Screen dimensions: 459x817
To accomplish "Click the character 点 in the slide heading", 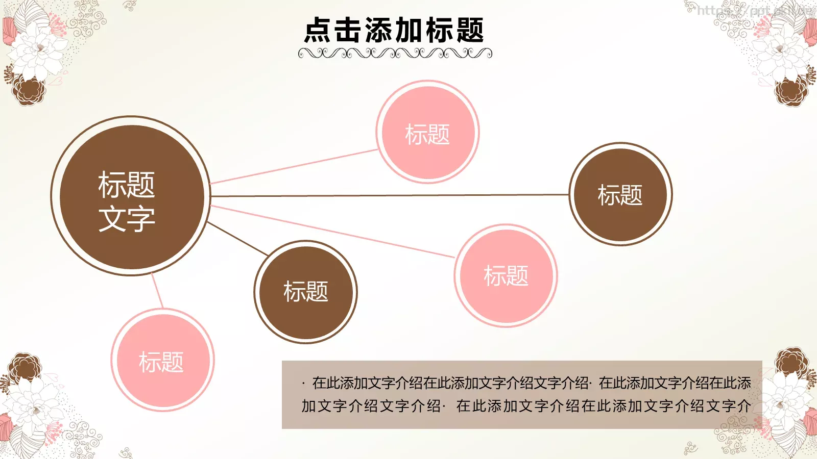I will point(318,31).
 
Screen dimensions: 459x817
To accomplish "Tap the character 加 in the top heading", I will point(408,31).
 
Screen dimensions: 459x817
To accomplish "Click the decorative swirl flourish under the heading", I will point(395,53).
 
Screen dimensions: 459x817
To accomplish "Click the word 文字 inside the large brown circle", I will point(127,218).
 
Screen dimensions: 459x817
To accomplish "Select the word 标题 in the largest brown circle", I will point(127,185).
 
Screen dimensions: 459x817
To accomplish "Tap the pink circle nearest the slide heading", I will point(427,132).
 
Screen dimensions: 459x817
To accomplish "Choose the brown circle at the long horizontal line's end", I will point(620,194).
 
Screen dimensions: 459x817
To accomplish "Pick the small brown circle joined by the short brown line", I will point(305,292).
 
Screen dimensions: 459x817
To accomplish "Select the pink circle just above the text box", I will point(506,275).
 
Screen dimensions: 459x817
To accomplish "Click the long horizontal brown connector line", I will point(388,195).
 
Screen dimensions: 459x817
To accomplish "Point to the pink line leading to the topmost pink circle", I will point(294,167).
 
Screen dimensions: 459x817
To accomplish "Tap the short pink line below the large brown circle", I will point(157,291).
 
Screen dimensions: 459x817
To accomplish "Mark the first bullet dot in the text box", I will point(303,383).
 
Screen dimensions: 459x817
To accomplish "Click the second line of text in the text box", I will point(526,406).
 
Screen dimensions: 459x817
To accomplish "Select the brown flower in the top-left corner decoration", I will point(28,91).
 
